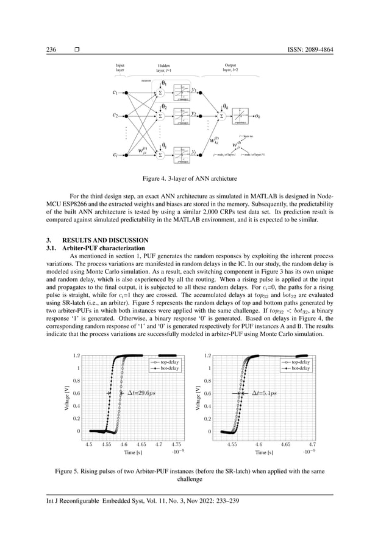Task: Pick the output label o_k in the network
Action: [259, 115]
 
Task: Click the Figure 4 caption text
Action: [194, 178]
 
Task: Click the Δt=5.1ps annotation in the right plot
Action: [263, 393]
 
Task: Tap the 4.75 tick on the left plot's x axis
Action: [176, 445]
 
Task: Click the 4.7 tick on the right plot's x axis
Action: [312, 445]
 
